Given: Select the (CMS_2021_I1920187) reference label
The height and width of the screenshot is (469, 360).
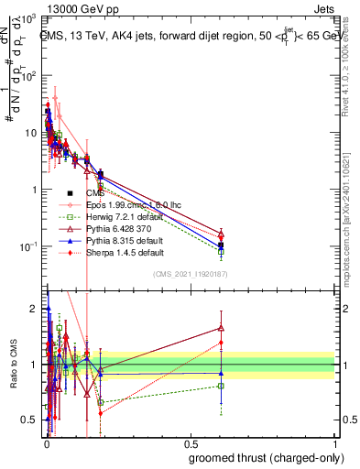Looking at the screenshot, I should (x=203, y=274).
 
